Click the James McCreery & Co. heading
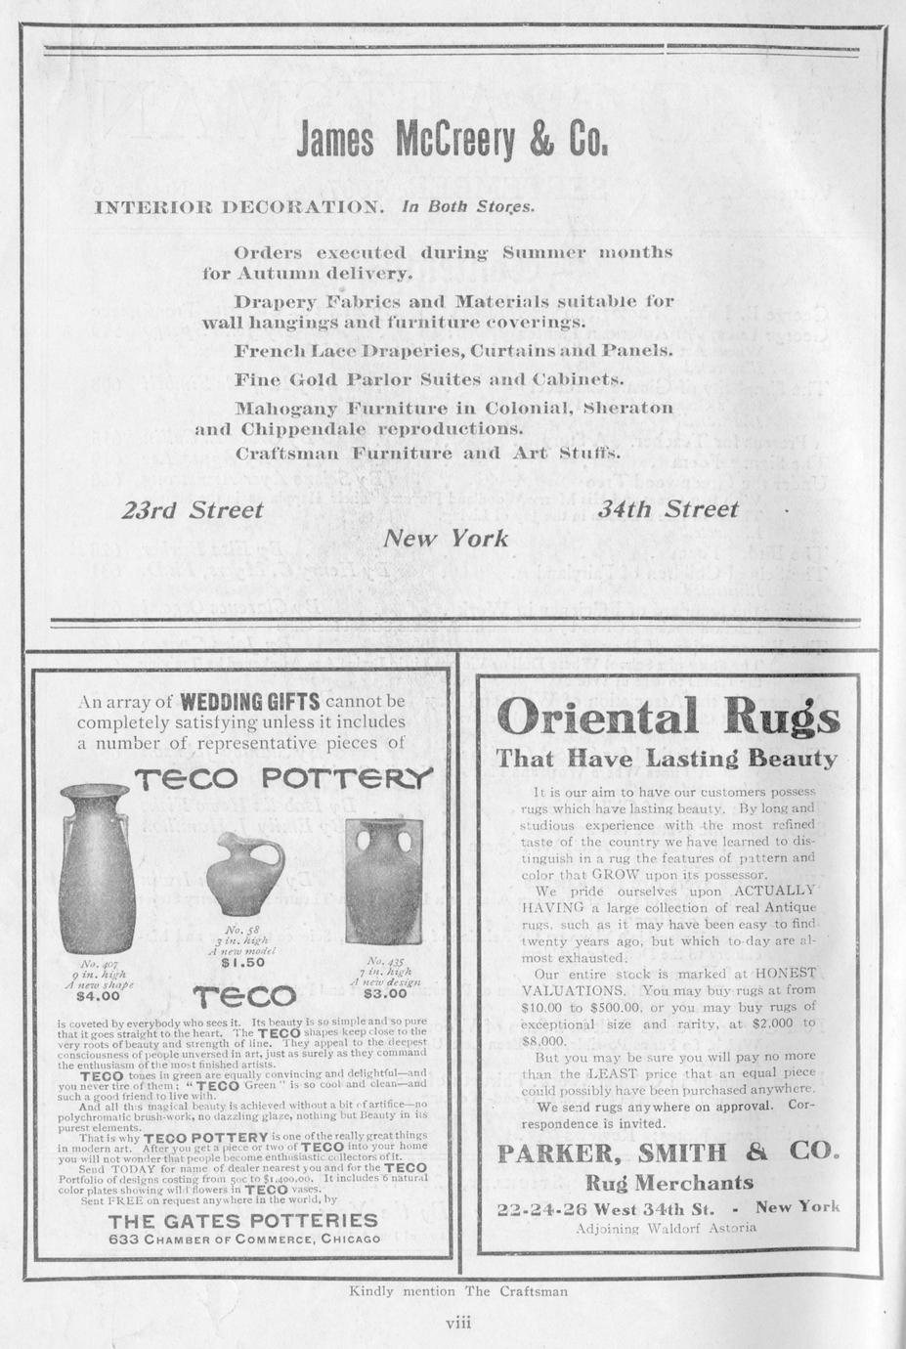[453, 143]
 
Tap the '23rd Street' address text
[193, 510]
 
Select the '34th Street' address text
[668, 509]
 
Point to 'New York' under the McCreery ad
[446, 538]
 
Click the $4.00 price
[98, 997]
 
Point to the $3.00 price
[384, 993]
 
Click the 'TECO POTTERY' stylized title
[283, 778]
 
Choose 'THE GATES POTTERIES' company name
[243, 1220]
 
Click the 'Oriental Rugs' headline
[669, 719]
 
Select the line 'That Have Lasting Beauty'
[667, 759]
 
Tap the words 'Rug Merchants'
[669, 1183]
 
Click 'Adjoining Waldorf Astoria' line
[667, 1228]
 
